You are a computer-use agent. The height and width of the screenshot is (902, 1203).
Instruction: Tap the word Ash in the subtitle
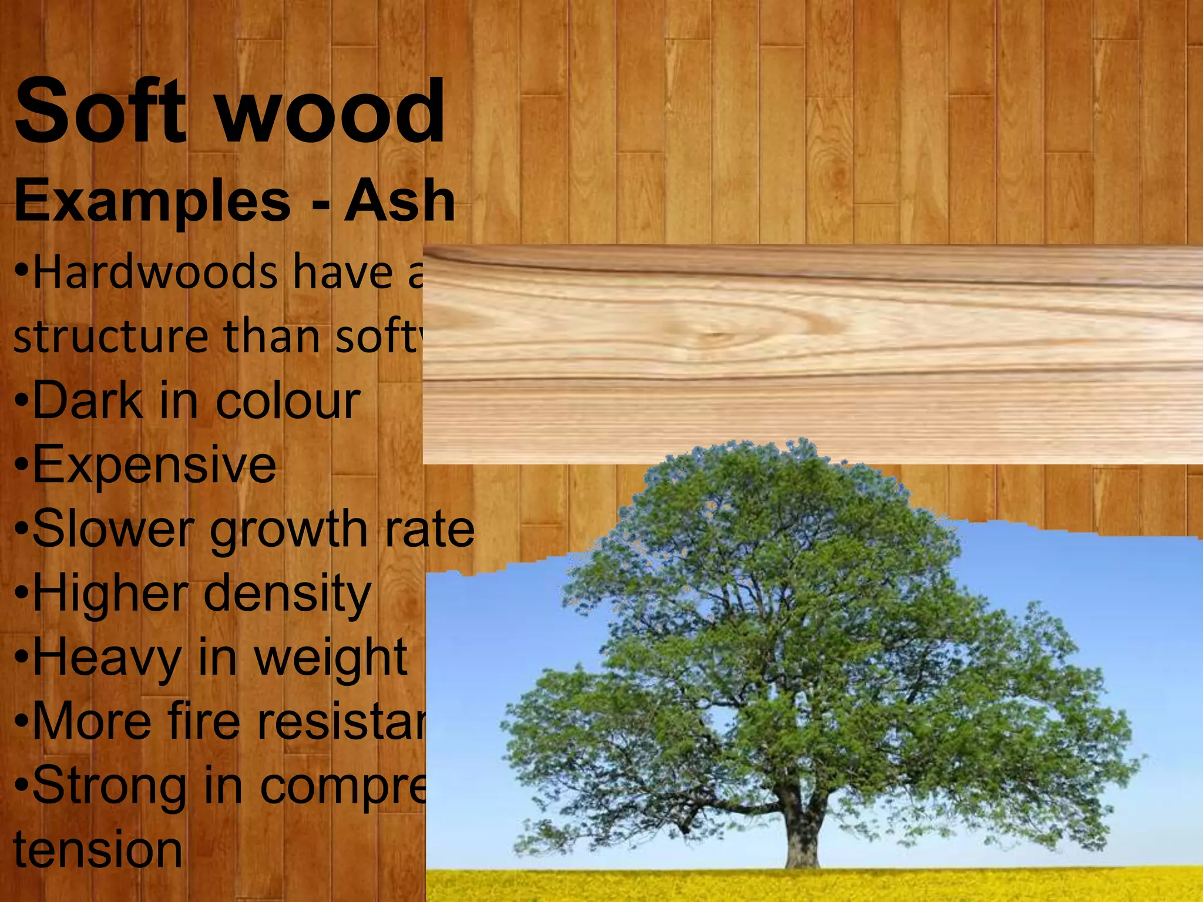pos(399,201)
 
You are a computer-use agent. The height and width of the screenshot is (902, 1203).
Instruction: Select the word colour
pos(288,402)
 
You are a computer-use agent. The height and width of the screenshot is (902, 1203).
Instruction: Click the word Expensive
pos(154,466)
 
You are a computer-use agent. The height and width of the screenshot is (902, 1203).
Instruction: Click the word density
pos(288,594)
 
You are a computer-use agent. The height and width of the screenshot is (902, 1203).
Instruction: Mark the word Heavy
pos(106,659)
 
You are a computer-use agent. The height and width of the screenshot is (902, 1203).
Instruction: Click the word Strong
pos(109,787)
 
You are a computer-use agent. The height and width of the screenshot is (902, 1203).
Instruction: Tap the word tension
pos(98,850)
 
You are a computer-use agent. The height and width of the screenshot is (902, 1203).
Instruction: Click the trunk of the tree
pos(802,834)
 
